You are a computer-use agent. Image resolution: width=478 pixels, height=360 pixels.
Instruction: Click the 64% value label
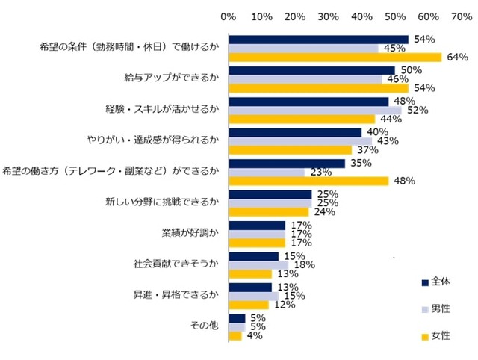point(455,58)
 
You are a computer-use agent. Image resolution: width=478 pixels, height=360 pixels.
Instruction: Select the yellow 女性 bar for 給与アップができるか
point(319,88)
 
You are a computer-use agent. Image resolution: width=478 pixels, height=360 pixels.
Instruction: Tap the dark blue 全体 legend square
point(424,282)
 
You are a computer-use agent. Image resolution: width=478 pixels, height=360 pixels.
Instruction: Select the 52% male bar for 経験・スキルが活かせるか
point(315,110)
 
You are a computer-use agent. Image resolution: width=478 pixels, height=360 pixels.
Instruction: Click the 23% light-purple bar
point(267,172)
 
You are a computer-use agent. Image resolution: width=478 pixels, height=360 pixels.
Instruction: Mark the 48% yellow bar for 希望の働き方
point(308,181)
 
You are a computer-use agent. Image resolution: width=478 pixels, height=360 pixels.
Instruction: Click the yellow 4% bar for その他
point(235,335)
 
